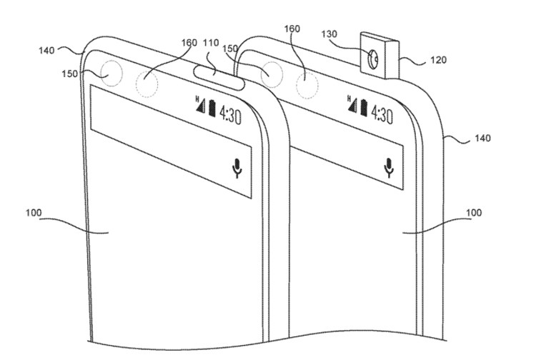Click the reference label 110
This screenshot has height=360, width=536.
[x=211, y=44]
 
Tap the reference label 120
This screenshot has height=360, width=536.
[x=439, y=60]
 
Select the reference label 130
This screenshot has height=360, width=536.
[x=329, y=34]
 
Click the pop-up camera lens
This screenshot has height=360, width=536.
[x=372, y=59]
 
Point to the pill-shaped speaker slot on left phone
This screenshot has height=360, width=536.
[x=219, y=77]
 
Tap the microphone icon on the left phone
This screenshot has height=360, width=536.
[x=237, y=168]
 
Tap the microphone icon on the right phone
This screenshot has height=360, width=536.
[x=389, y=167]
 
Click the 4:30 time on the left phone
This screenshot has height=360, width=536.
[x=230, y=115]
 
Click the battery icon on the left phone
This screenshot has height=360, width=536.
[x=212, y=108]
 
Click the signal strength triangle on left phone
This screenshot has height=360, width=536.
[x=202, y=106]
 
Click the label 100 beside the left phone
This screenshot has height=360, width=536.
[x=34, y=212]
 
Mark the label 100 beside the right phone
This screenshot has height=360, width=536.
[x=474, y=212]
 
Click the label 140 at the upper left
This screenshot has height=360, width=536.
[x=46, y=50]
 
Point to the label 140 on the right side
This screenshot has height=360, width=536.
[x=482, y=138]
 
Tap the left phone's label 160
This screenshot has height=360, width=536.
[x=189, y=43]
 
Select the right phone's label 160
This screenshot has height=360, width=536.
[x=292, y=29]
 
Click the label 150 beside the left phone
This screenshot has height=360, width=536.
[x=69, y=74]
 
